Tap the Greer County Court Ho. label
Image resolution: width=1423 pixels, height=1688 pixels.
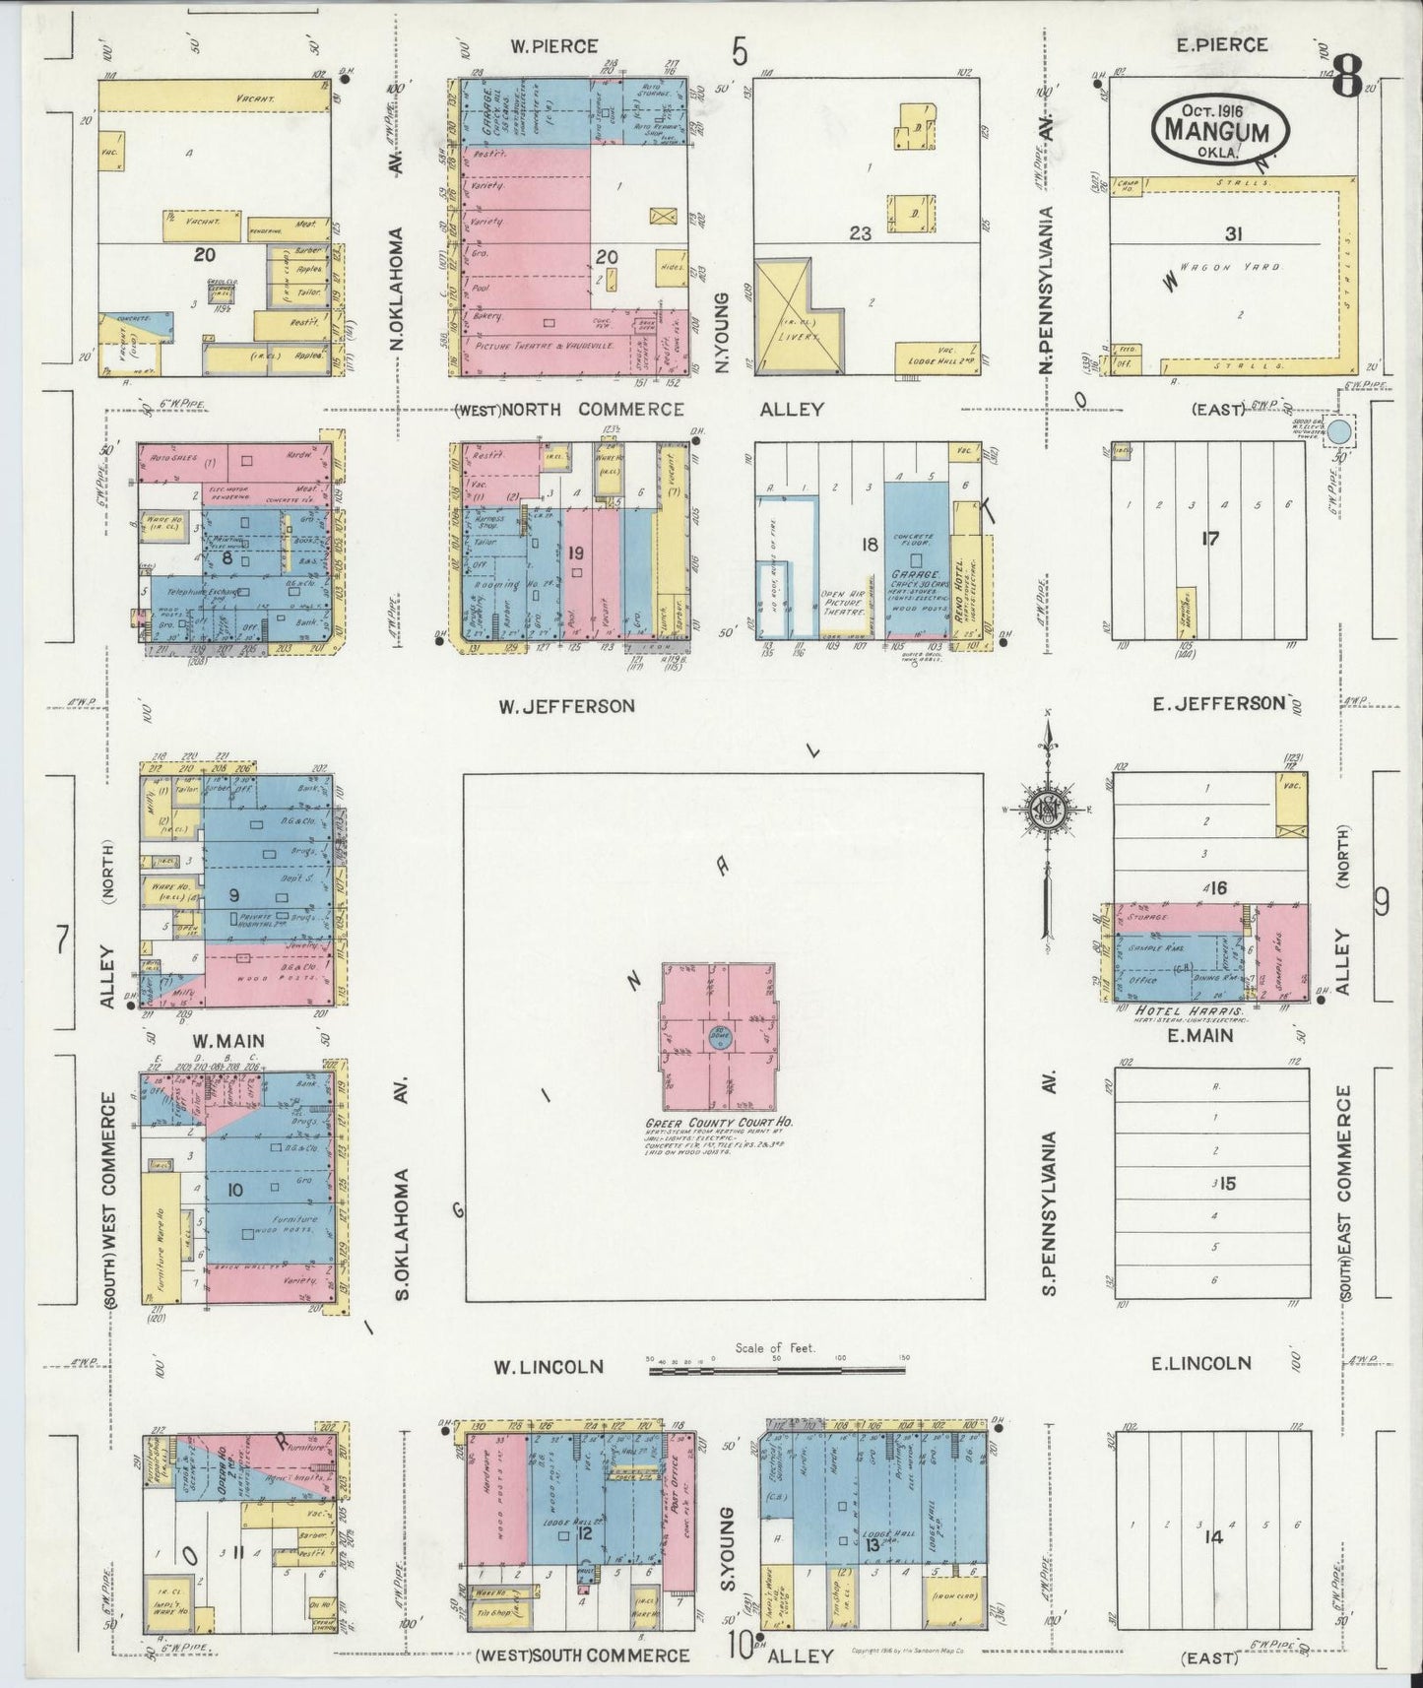pos(720,1123)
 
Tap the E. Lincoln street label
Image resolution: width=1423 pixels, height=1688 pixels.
pos(1201,1363)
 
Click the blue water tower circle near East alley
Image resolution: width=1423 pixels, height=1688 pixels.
pos(1338,430)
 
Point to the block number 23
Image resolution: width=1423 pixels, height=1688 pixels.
pos(862,234)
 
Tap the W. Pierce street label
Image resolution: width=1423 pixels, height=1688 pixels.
pos(554,45)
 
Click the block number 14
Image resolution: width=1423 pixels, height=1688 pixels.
pos(1212,1534)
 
